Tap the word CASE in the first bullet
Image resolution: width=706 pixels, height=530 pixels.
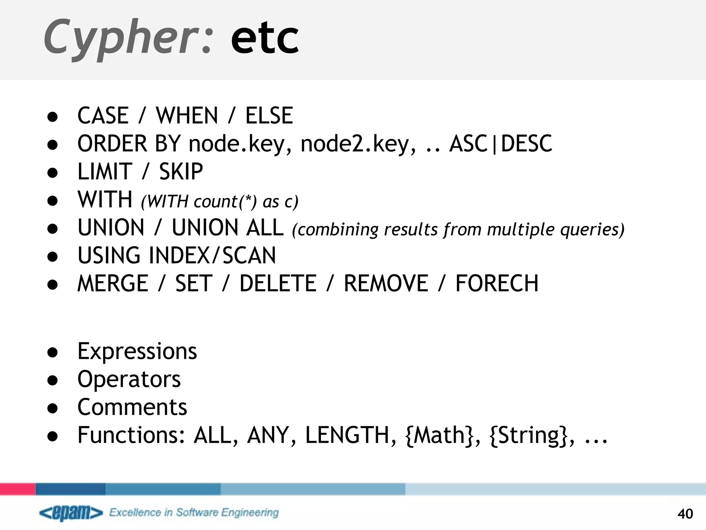click(x=103, y=115)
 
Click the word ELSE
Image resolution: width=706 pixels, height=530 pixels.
click(x=269, y=115)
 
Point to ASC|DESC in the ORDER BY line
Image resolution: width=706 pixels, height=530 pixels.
click(x=501, y=144)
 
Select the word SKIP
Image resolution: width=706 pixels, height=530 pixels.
click(x=181, y=171)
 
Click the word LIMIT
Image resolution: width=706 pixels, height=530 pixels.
click(x=105, y=171)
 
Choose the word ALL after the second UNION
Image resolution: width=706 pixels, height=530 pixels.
click(x=264, y=228)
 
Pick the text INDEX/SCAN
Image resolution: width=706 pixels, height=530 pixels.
click(x=212, y=256)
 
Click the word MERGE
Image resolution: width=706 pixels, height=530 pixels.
click(x=113, y=284)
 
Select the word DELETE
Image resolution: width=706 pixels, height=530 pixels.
click(x=278, y=284)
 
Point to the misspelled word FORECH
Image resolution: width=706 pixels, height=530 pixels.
click(x=497, y=284)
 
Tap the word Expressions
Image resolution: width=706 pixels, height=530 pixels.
click(x=137, y=352)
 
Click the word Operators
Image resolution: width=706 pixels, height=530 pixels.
click(x=129, y=380)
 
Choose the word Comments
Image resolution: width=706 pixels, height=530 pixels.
click(x=132, y=407)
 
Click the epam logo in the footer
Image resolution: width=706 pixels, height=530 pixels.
click(x=71, y=513)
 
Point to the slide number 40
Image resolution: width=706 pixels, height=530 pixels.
click(x=685, y=514)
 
